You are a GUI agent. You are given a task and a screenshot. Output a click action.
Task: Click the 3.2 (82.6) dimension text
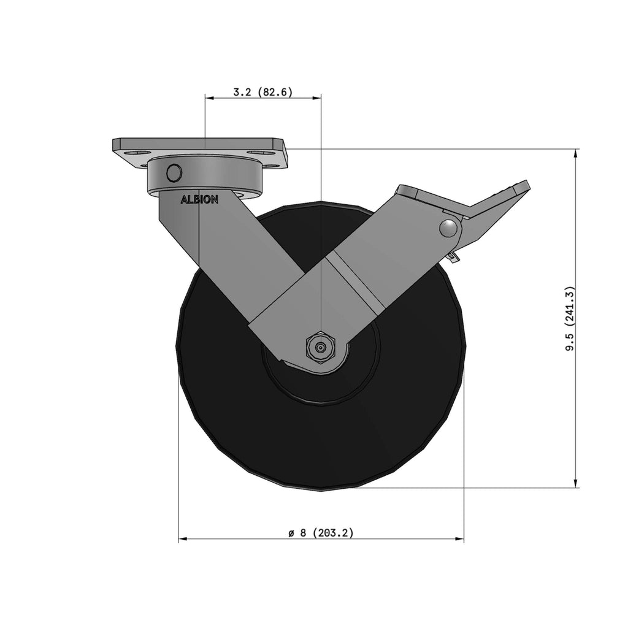coord(263,92)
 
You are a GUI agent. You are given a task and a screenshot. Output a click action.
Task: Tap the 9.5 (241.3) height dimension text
coord(570,319)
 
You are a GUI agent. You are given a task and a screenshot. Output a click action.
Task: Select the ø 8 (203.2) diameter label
coord(321,533)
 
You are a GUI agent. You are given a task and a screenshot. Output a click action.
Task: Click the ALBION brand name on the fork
coord(199,199)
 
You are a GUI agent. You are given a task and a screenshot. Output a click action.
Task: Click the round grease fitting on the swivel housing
coord(174,172)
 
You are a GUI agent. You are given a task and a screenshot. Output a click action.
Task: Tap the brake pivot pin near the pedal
coord(448,228)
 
